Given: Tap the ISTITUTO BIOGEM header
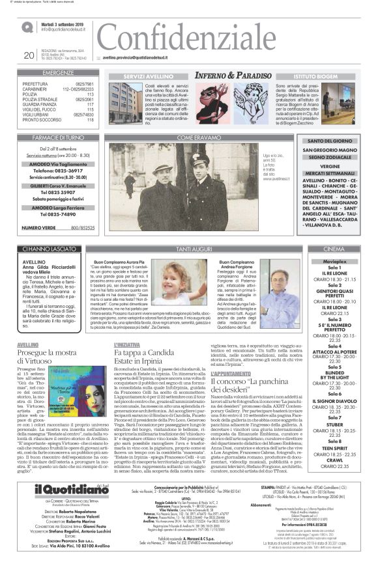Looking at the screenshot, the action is coord(315,76).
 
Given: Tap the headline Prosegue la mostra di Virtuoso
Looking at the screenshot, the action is coord(48,355).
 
